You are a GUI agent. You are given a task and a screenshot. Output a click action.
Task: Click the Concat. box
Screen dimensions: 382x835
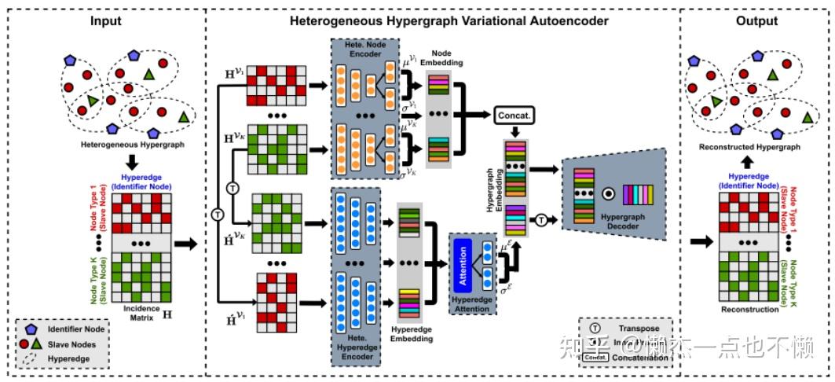pos(514,116)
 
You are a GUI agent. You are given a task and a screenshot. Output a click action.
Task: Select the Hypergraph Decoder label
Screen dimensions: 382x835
pos(617,222)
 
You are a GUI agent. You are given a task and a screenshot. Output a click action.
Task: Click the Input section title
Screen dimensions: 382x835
pos(106,20)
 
